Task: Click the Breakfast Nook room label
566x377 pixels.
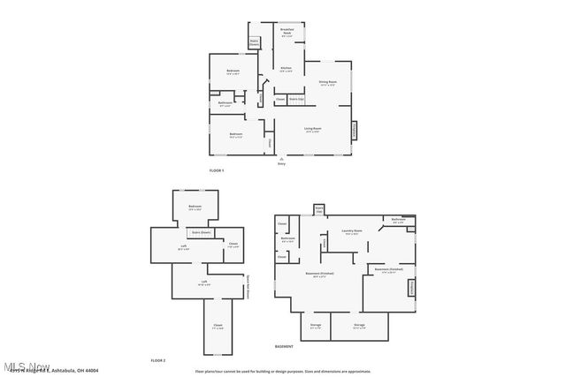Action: pyautogui.click(x=287, y=34)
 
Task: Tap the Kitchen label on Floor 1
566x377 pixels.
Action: pyautogui.click(x=287, y=69)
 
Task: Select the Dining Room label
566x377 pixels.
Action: pyautogui.click(x=327, y=83)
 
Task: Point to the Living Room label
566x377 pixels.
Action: pyautogui.click(x=312, y=129)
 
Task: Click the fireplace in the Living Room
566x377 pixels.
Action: pyautogui.click(x=356, y=130)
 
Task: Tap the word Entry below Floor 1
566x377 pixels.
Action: pyautogui.click(x=281, y=163)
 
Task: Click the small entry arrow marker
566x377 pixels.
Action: pyautogui.click(x=281, y=158)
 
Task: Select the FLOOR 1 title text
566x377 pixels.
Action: pyautogui.click(x=217, y=170)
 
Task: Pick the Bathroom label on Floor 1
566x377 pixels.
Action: pyautogui.click(x=226, y=102)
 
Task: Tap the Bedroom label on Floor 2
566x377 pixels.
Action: pyautogui.click(x=194, y=207)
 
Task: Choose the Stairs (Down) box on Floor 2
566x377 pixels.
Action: pyautogui.click(x=201, y=232)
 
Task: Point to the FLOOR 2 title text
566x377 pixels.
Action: pyautogui.click(x=158, y=360)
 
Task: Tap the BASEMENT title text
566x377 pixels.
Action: pyautogui.click(x=284, y=346)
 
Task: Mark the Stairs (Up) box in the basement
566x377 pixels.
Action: pyautogui.click(x=317, y=210)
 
